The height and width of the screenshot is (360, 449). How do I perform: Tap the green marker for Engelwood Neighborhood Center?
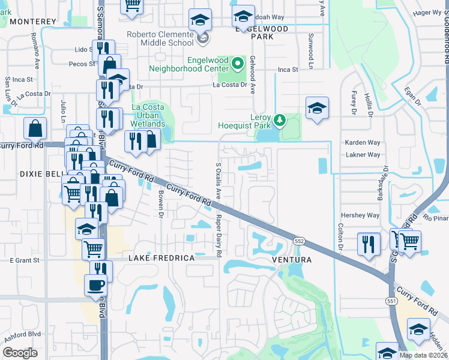[238, 62]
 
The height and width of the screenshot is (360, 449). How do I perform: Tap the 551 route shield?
[393, 286]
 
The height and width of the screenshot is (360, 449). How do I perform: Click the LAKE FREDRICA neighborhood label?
[161, 258]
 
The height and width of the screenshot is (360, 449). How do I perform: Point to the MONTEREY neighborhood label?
[33, 22]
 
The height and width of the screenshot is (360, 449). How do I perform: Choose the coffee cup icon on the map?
[96, 286]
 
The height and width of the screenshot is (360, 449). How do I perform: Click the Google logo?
[20, 352]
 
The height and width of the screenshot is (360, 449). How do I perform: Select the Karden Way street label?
[363, 143]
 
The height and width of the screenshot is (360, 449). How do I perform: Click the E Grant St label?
[24, 260]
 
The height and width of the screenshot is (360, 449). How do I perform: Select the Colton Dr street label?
[340, 238]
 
